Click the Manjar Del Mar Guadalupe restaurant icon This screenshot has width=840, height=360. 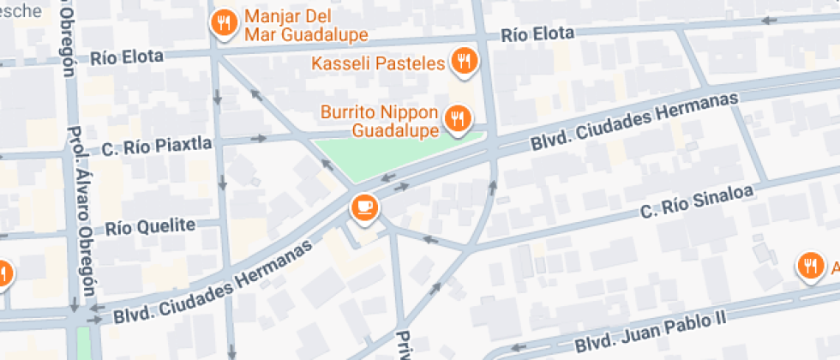[x=225, y=23]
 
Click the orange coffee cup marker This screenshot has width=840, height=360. [x=364, y=207]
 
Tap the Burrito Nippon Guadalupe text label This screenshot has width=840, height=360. [x=380, y=121]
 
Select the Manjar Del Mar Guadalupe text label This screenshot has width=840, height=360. [x=305, y=26]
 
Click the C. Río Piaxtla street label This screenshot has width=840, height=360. [x=157, y=146]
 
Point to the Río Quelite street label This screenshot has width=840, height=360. [x=152, y=227]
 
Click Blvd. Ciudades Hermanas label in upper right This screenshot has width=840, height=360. [x=633, y=120]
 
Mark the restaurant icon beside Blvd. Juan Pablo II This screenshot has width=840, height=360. [x=809, y=267]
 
